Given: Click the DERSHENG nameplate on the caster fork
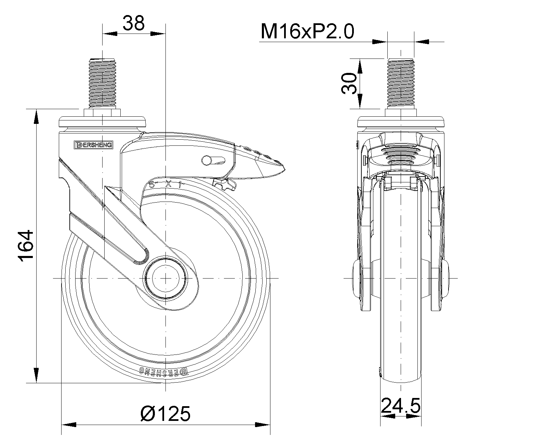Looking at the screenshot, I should point(93,145).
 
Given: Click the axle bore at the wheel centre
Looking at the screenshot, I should point(165,278).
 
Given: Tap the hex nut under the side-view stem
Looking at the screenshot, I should point(103,113).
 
